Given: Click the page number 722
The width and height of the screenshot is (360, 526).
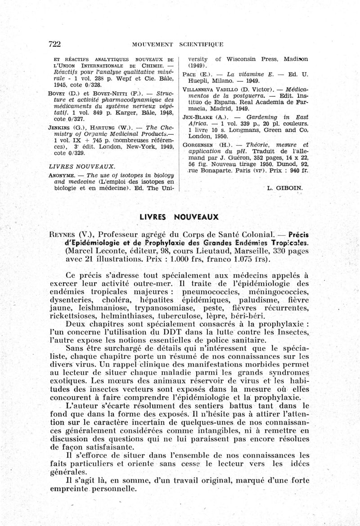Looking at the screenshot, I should (x=54, y=44).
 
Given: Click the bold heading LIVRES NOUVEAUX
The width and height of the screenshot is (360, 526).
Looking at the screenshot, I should (x=179, y=217).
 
